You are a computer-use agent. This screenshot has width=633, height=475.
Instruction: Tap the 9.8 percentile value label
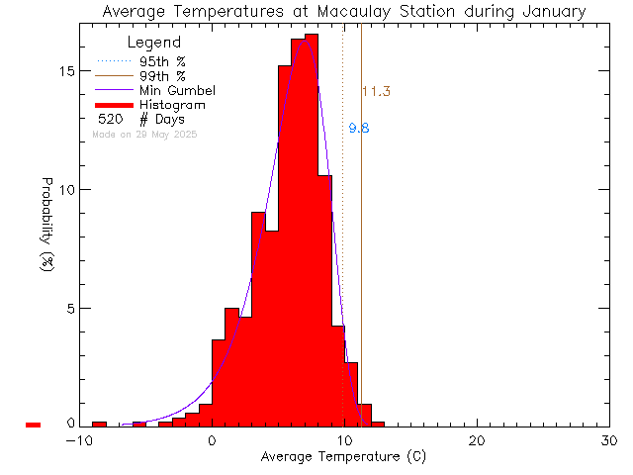pyautogui.click(x=359, y=129)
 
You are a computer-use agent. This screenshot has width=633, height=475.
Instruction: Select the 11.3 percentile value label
pyautogui.click(x=376, y=92)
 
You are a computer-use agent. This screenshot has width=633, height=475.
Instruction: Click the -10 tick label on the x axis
pyautogui.click(x=79, y=441)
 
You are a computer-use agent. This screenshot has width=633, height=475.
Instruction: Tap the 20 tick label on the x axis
pyautogui.click(x=477, y=441)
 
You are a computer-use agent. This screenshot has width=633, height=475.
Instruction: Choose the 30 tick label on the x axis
pyautogui.click(x=609, y=441)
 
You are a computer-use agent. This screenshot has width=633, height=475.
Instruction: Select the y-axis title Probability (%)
pyautogui.click(x=46, y=226)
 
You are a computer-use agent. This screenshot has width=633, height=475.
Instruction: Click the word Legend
pyautogui.click(x=154, y=44)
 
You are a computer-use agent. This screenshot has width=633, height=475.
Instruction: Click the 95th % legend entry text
pyautogui.click(x=162, y=61)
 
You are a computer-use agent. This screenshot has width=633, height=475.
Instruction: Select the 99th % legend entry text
pyautogui.click(x=162, y=76)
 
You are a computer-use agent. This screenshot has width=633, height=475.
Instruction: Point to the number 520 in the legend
pyautogui.click(x=110, y=120)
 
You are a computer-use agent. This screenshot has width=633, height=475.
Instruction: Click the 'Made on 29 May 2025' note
pyautogui.click(x=143, y=134)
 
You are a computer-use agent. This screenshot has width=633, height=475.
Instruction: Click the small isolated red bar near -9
pyautogui.click(x=99, y=424)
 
